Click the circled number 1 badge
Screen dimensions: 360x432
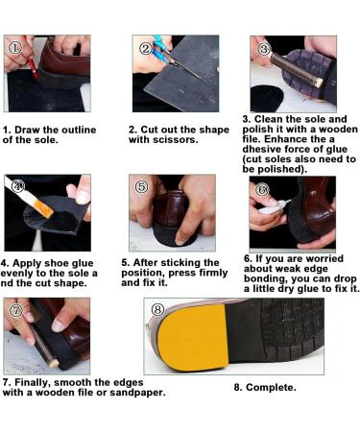click(x=15, y=48)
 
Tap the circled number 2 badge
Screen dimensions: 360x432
click(x=146, y=49)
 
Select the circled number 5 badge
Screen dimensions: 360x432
click(x=142, y=186)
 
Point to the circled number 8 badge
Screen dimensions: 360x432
click(x=157, y=310)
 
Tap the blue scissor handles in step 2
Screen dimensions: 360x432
click(x=161, y=49)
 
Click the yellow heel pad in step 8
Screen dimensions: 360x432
click(x=193, y=338)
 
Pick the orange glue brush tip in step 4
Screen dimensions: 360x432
click(x=44, y=208)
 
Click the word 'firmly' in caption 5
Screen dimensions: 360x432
click(x=213, y=273)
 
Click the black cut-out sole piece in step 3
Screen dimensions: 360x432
click(x=267, y=98)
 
